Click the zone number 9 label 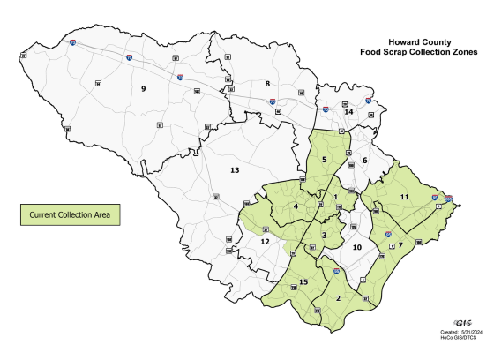(x=142, y=88)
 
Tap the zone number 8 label (x=267, y=84)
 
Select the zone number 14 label (x=348, y=113)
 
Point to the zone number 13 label (x=235, y=169)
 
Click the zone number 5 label (x=325, y=159)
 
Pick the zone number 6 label (x=363, y=161)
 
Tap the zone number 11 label (x=405, y=196)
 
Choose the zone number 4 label (x=296, y=206)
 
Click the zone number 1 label (x=336, y=196)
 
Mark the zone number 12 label (x=265, y=241)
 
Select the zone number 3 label (x=325, y=235)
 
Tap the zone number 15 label (x=303, y=282)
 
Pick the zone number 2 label (x=338, y=298)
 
